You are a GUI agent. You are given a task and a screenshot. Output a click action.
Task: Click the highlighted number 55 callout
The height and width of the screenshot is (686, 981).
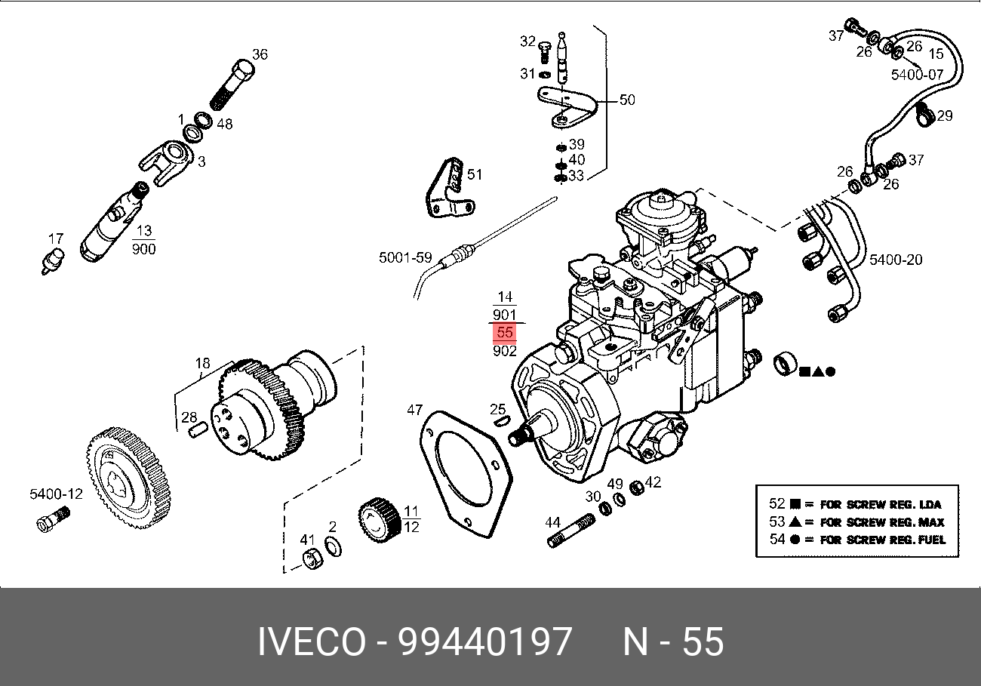[505, 332]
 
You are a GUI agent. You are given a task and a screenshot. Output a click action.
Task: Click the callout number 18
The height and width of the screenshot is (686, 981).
[202, 364]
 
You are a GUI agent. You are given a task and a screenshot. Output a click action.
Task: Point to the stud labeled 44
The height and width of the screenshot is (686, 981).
[573, 529]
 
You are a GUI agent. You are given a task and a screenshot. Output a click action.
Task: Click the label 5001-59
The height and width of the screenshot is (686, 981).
[405, 258]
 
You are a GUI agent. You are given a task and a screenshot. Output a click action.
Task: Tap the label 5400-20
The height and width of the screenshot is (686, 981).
[896, 260]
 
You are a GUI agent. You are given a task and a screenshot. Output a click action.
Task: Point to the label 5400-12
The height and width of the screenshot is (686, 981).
[56, 494]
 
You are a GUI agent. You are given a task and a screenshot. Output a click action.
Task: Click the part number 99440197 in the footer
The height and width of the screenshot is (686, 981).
[484, 642]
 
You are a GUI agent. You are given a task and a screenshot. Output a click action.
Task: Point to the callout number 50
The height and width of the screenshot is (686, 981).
[627, 100]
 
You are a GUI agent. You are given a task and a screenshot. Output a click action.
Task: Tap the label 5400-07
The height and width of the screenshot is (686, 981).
[917, 74]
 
